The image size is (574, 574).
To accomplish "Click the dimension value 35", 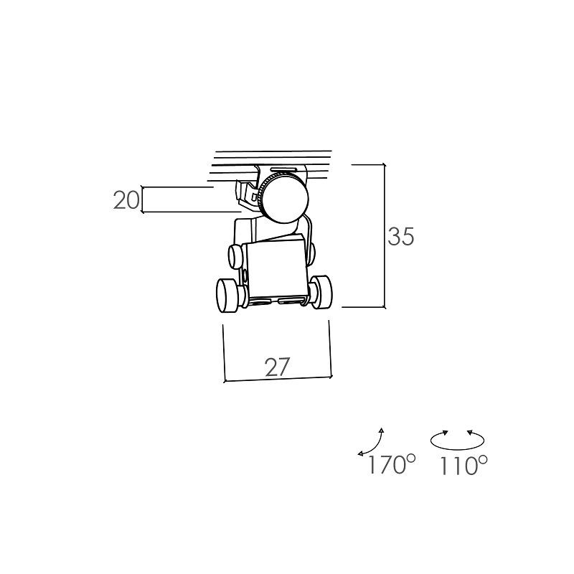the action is tap(401, 236).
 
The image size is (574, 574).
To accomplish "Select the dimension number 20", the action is tap(126, 200).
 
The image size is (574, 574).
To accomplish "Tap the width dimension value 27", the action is tap(278, 367).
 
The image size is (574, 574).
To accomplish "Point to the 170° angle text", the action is tap(392, 464).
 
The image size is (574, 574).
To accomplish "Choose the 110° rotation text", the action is tap(464, 465).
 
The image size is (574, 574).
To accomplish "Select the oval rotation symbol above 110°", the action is tap(457, 440).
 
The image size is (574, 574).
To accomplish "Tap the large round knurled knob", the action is tap(284, 198).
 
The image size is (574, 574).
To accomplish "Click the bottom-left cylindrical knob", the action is tap(227, 296).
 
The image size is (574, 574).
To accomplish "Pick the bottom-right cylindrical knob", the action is tap(322, 292).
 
